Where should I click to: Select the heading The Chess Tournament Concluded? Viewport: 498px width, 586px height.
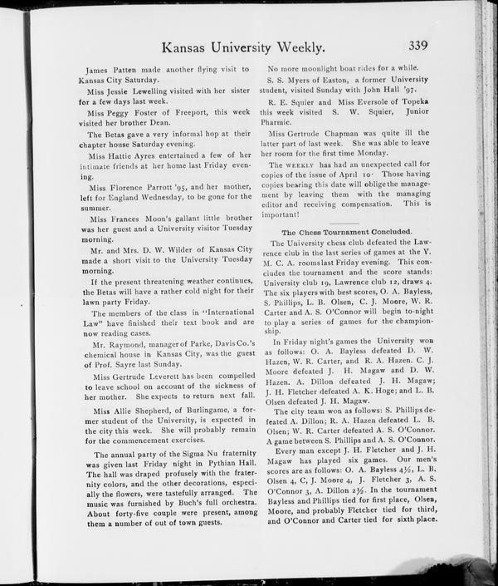[346, 231]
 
